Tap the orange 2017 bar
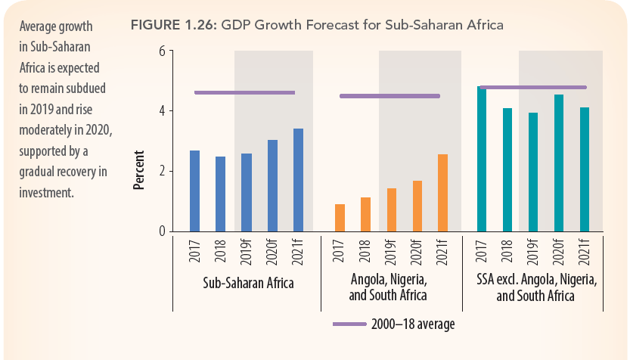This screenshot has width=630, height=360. click(x=340, y=218)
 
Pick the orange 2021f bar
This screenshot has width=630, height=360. click(x=442, y=193)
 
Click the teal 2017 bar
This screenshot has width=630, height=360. click(x=482, y=159)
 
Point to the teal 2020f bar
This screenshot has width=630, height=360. click(x=559, y=163)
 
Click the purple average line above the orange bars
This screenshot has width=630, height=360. click(x=389, y=96)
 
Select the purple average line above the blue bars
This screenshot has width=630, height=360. click(x=244, y=93)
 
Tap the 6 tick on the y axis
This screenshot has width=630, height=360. click(x=161, y=51)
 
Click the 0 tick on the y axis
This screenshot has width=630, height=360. click(x=161, y=231)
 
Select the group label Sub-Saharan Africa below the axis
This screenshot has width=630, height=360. click(x=248, y=284)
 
